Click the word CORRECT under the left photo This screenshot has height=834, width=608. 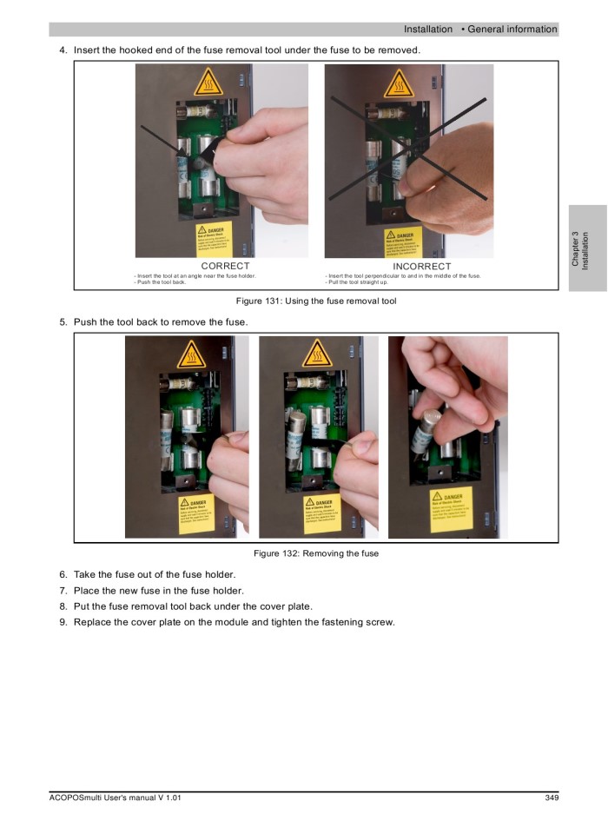225,266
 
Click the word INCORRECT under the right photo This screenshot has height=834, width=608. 422,266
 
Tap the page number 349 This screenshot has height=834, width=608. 551,798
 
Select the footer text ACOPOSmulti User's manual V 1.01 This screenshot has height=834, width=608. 115,798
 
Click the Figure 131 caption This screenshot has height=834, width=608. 316,301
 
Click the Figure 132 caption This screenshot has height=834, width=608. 316,553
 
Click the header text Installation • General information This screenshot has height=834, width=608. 479,30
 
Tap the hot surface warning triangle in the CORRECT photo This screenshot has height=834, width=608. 208,84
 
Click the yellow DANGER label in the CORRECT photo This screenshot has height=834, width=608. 209,241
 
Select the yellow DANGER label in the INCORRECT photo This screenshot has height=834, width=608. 402,242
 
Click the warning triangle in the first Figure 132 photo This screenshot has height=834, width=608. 190,355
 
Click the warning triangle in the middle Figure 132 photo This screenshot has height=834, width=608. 317,354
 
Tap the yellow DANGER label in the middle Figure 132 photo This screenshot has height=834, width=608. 319,513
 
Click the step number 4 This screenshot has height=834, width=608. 63,50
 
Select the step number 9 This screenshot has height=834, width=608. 63,622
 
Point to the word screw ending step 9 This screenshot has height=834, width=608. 380,622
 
